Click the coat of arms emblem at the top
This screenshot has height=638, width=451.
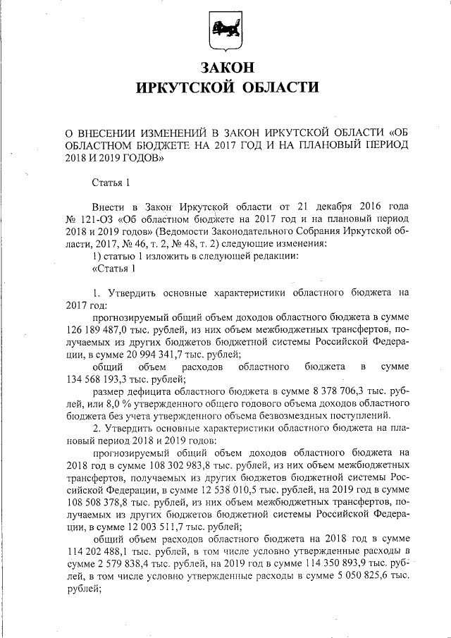(x=225, y=32)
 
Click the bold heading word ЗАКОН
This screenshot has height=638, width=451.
(x=225, y=68)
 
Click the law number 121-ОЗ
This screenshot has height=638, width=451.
(x=94, y=220)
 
